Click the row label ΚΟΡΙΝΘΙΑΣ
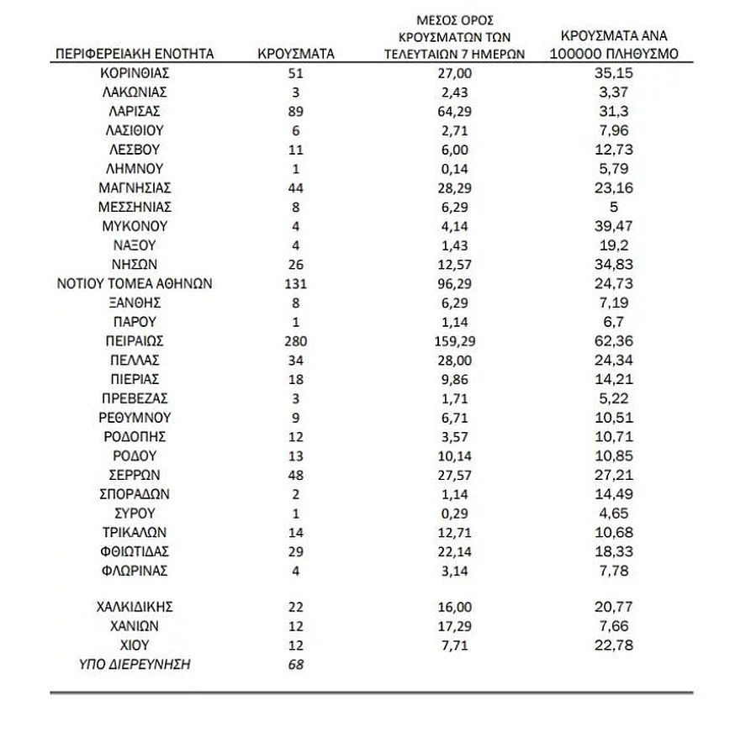click(134, 73)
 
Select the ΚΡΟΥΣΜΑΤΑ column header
click(295, 54)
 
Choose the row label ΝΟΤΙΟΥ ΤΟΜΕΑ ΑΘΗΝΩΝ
click(134, 284)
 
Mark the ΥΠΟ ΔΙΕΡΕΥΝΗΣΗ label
click(134, 665)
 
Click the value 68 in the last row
click(295, 665)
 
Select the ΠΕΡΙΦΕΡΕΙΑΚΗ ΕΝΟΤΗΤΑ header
click(135, 54)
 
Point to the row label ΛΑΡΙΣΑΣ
click(134, 111)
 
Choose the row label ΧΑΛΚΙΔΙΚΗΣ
click(134, 607)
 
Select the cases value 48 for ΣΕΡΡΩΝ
click(295, 475)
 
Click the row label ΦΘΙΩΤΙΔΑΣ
click(134, 551)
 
